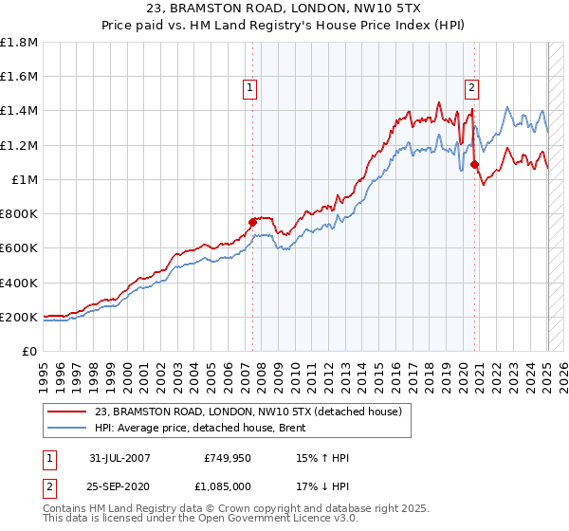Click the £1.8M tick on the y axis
19,43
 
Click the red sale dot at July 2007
253,222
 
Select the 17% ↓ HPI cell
322,486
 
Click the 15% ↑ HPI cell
322,457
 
